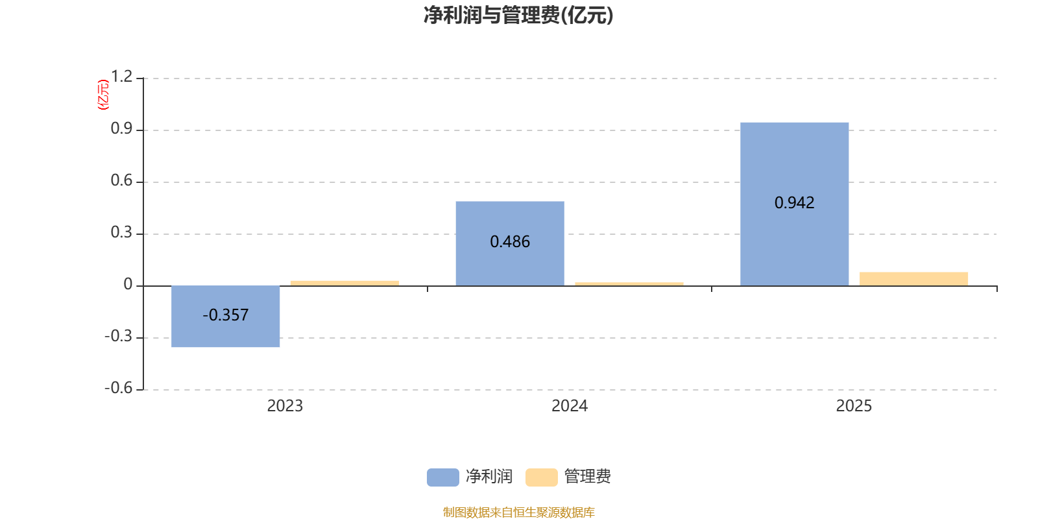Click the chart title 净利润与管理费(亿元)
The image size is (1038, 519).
pos(518,16)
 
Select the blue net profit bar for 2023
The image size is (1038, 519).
pos(225,317)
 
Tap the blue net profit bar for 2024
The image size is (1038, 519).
pos(510,244)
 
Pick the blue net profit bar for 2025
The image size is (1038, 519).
pos(794,204)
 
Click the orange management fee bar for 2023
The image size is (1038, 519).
pos(344,283)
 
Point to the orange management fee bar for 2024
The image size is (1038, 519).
pos(629,284)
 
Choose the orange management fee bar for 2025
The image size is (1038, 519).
pos(914,279)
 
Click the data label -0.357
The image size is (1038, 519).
pos(226,315)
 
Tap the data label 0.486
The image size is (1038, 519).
pos(510,241)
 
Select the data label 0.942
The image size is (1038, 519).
pos(794,202)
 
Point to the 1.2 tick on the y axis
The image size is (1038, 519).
pos(121,77)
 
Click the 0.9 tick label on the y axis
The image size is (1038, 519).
pos(121,128)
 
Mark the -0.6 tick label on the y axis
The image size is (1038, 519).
pos(119,388)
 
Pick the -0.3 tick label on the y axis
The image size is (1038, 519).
pos(119,336)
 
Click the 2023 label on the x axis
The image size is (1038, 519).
pos(285,406)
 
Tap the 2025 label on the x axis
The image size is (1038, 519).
pos(854,406)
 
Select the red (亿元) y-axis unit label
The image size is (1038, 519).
pos(103,95)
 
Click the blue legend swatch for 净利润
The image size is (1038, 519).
pos(443,477)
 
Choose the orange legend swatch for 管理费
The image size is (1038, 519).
pos(541,477)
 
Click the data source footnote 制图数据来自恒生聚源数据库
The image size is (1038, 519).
pos(518,512)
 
